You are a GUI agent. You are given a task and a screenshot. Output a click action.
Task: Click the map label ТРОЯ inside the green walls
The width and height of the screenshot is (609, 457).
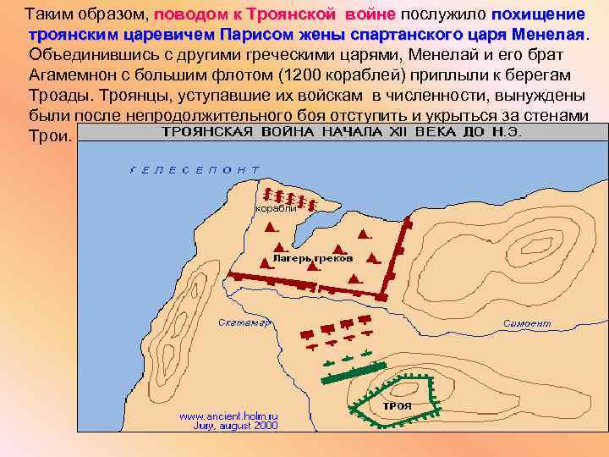[397, 405]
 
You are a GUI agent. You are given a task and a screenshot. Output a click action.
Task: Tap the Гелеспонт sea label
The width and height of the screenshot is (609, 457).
[195, 169]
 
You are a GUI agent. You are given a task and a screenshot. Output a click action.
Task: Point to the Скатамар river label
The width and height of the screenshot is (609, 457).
[244, 322]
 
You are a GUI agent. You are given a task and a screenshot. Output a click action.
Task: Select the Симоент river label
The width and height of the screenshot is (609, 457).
[526, 323]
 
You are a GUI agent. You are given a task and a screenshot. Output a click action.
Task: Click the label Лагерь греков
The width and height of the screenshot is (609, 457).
[313, 257]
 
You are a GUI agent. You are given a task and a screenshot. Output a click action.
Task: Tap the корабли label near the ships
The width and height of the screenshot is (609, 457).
[277, 208]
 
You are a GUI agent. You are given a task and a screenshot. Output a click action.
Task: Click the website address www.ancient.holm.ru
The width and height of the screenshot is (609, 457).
[229, 416]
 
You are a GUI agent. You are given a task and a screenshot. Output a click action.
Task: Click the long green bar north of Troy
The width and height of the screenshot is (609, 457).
[354, 370]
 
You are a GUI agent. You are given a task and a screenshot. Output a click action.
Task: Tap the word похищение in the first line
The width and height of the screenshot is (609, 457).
[538, 15]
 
